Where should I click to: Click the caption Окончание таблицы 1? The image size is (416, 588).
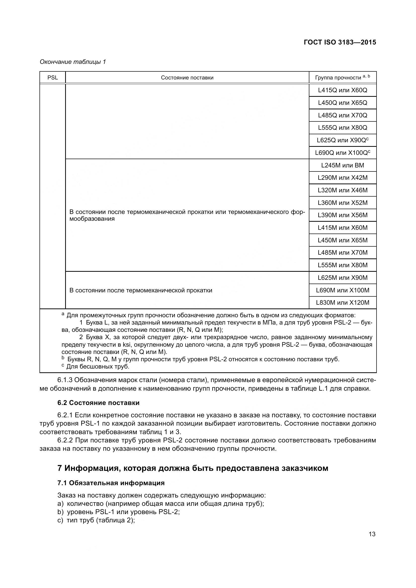click(x=73, y=62)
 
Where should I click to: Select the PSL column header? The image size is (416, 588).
click(x=53, y=78)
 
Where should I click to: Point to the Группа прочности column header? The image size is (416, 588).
click(x=342, y=78)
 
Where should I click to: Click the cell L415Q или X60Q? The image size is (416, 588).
click(x=343, y=90)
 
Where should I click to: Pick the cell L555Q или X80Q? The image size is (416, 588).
click(x=343, y=127)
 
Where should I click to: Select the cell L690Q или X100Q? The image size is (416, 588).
click(x=343, y=153)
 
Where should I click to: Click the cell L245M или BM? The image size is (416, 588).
click(x=343, y=165)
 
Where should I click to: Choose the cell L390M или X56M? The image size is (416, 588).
click(x=343, y=215)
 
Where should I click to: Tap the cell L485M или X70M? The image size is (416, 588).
click(x=343, y=252)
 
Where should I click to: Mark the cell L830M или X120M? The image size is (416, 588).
click(x=343, y=303)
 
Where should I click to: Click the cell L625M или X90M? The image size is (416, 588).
click(x=343, y=278)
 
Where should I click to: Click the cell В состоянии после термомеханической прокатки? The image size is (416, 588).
click(x=141, y=290)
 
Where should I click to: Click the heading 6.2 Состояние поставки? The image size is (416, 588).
click(x=98, y=403)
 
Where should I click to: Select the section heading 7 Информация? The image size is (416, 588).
click(x=193, y=468)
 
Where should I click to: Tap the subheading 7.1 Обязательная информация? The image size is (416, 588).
click(x=111, y=483)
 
